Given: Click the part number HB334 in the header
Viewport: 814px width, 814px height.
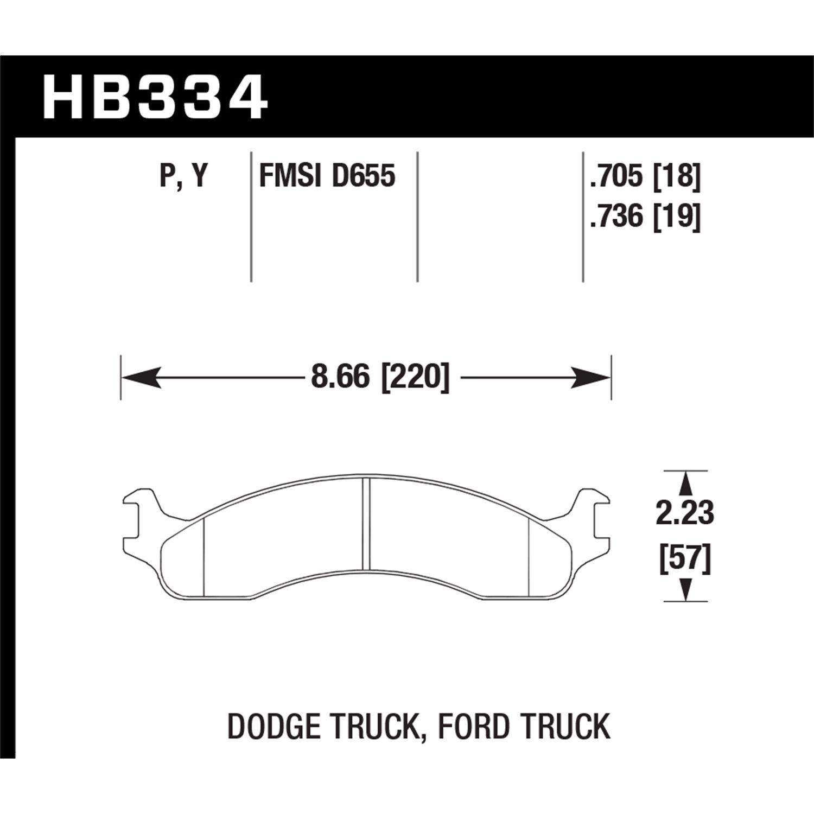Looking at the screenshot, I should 155,98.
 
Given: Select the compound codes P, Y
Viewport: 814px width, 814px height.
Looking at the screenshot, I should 183,176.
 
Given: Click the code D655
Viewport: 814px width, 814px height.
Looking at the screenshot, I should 364,176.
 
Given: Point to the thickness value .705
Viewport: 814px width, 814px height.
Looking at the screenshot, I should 617,176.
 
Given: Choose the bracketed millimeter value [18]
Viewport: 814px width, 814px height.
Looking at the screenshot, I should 677,176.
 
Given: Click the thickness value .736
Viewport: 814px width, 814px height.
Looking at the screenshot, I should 617,217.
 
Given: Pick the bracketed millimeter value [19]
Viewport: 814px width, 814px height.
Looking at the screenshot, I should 677,217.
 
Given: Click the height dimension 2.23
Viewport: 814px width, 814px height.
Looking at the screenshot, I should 685,513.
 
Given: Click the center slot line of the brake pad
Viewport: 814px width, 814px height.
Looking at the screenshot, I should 366,524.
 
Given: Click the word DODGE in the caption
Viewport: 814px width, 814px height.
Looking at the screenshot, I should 274,727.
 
